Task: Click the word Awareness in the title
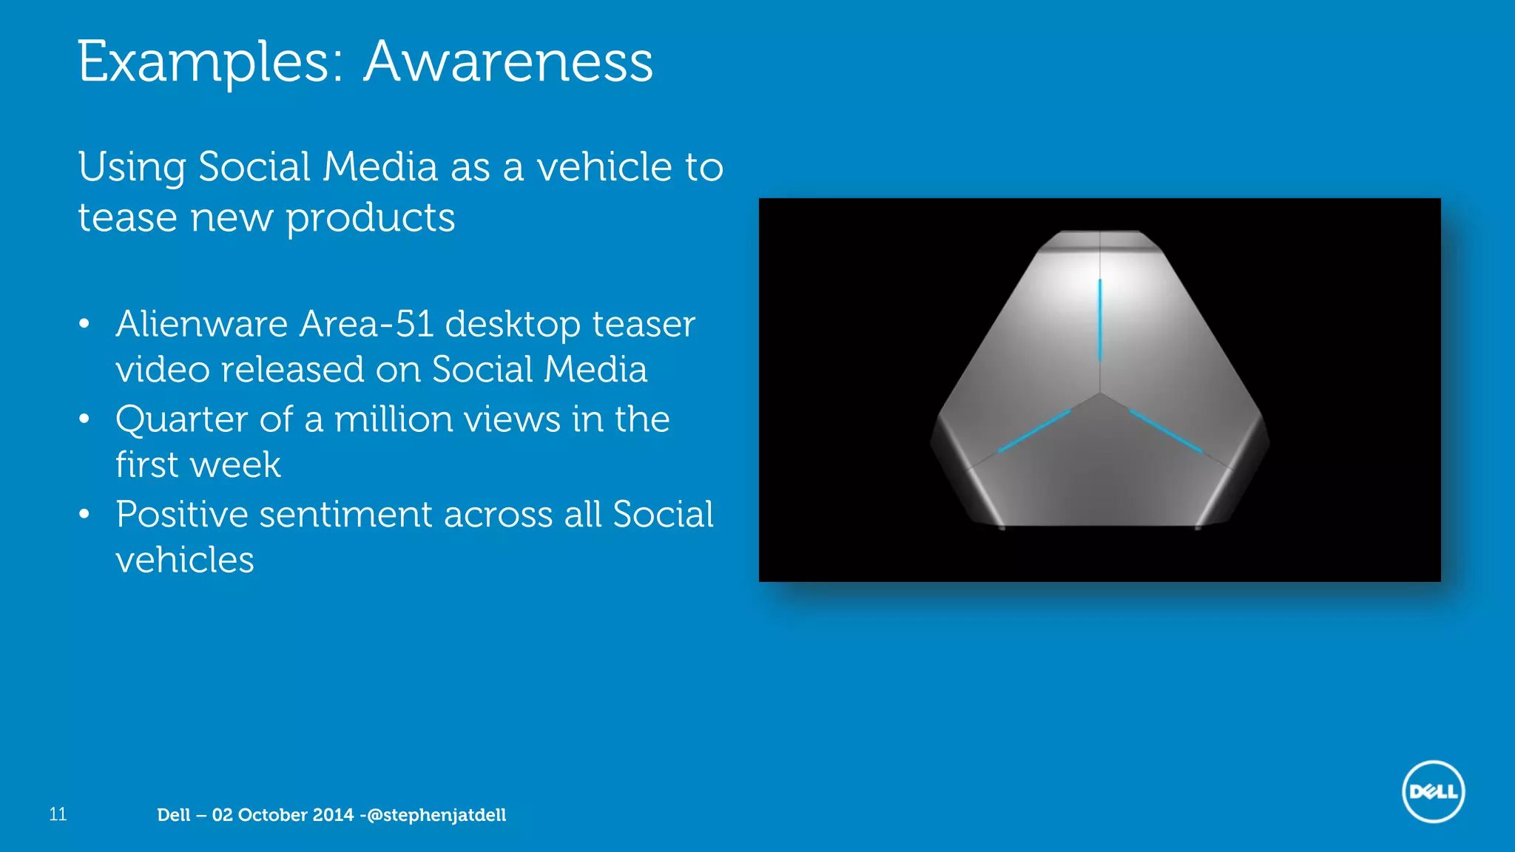(x=508, y=62)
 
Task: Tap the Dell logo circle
(x=1433, y=791)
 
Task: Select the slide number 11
(x=58, y=814)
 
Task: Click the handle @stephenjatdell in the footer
(x=436, y=815)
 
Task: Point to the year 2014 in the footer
(x=333, y=815)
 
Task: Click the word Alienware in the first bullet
(x=201, y=324)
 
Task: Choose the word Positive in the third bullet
(x=182, y=514)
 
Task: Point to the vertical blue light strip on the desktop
(x=1100, y=319)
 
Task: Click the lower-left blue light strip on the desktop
(x=1033, y=431)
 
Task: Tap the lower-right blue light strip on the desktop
(x=1166, y=431)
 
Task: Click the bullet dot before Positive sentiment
(x=84, y=514)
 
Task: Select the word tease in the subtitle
(x=127, y=218)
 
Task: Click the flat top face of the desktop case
(x=1100, y=241)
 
